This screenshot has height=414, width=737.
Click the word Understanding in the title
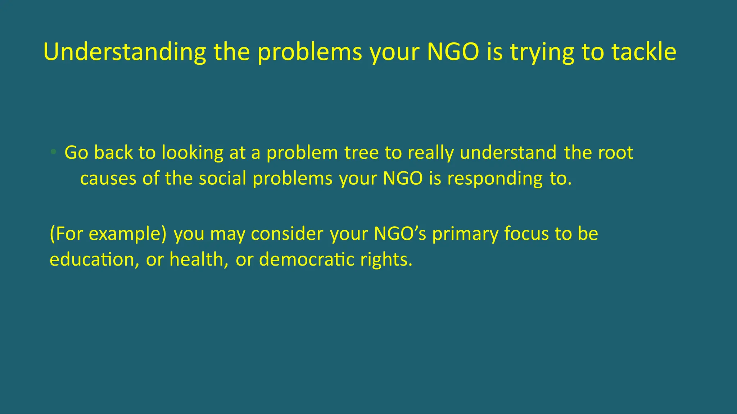click(125, 52)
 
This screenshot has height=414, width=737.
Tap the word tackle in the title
click(644, 52)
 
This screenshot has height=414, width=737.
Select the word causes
click(108, 179)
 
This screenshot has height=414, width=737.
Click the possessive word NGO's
click(400, 234)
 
